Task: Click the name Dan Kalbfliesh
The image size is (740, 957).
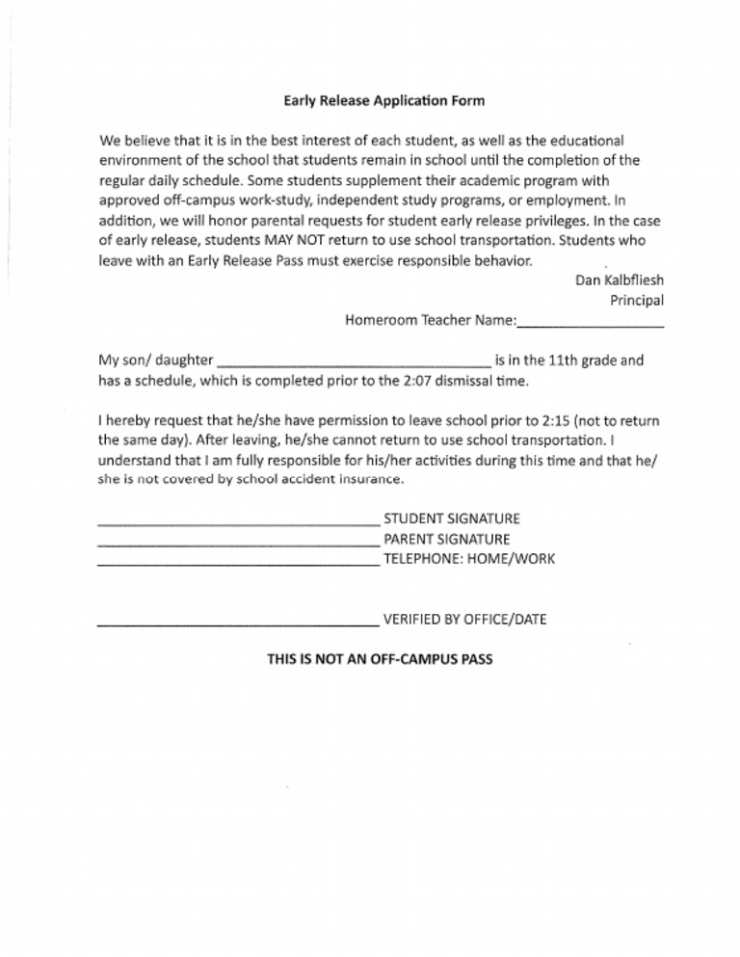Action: click(x=619, y=280)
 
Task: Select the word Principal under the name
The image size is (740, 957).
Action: click(x=636, y=301)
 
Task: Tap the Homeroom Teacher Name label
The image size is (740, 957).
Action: click(x=431, y=321)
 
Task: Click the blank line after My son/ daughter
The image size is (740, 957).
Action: click(x=355, y=365)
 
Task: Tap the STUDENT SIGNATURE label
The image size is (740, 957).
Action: click(x=451, y=518)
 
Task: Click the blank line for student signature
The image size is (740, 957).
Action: click(x=238, y=523)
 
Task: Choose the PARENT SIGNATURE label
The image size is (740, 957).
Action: click(x=446, y=539)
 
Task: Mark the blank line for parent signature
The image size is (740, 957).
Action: click(x=238, y=544)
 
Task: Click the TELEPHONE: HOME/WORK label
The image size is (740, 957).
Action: click(x=468, y=559)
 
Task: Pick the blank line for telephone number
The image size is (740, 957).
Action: click(x=238, y=564)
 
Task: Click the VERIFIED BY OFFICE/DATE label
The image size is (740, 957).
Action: click(x=464, y=620)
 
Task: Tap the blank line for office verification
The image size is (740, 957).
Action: click(x=238, y=625)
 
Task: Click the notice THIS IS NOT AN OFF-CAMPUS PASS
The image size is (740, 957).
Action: click(x=380, y=660)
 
